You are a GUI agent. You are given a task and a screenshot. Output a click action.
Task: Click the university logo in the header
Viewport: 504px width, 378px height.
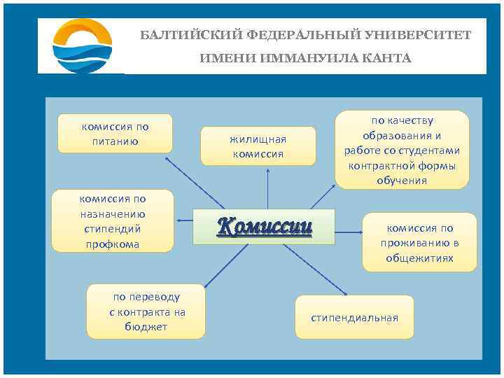[x=83, y=45]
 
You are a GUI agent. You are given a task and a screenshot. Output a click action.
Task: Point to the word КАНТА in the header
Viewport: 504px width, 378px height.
[x=387, y=58]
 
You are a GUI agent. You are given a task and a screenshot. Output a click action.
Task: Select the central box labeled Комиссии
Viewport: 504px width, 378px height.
[x=265, y=226]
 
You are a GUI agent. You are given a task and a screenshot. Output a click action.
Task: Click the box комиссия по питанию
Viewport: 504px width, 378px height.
[x=115, y=134]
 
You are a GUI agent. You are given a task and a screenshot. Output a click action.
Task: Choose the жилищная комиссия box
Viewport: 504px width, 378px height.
[x=258, y=146]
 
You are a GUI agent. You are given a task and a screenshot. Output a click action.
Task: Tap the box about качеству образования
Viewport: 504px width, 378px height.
[x=402, y=150]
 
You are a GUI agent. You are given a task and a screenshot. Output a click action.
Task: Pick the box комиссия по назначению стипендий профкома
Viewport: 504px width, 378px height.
[x=113, y=220]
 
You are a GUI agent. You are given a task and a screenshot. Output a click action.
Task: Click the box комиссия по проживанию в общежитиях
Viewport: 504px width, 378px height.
[x=419, y=242]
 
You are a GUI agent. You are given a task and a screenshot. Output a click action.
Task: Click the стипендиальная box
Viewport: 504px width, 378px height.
[x=354, y=318]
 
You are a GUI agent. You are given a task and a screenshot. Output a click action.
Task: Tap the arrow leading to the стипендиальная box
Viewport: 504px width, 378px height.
[x=315, y=269]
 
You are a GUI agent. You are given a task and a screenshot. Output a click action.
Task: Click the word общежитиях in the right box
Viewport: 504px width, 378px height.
[x=419, y=258]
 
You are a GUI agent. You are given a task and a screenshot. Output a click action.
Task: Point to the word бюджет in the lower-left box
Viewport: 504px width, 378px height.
[x=147, y=327]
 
